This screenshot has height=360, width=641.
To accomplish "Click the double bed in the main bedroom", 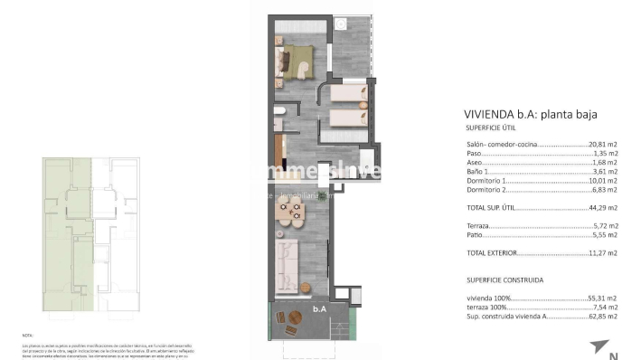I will [295, 59].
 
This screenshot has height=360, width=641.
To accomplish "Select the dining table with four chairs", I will [290, 213].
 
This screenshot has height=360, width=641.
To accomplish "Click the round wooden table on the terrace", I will [296, 317].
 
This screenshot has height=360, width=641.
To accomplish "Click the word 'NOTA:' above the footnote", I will [28, 335].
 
